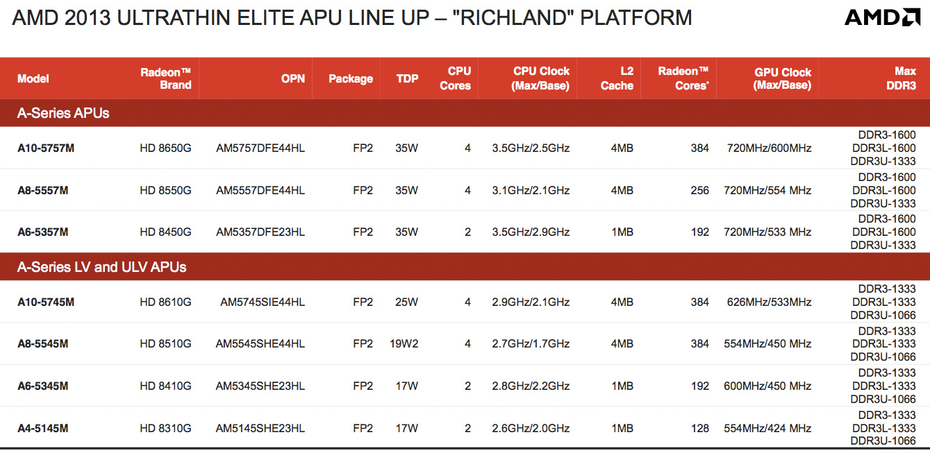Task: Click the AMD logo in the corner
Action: tap(882, 17)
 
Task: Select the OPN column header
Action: tap(292, 78)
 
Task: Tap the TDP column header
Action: tap(407, 78)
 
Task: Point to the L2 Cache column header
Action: tap(617, 78)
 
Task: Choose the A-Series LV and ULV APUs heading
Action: tap(101, 266)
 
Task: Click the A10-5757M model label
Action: tap(46, 148)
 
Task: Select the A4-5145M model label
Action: tap(43, 428)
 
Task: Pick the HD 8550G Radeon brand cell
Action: tap(165, 190)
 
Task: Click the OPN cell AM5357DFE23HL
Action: tap(260, 232)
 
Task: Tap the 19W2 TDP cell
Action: tap(404, 343)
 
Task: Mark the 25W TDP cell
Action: tap(406, 302)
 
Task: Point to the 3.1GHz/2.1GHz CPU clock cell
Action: tap(531, 190)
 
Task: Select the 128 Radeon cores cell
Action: tap(699, 428)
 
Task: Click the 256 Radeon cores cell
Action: tap(699, 190)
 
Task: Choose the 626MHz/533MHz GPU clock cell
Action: tap(769, 302)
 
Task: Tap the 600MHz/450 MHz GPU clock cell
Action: tap(767, 386)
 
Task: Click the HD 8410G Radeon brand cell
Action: tap(165, 386)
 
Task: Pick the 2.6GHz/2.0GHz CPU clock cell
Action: tap(531, 428)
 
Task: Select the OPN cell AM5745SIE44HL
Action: tap(263, 302)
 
